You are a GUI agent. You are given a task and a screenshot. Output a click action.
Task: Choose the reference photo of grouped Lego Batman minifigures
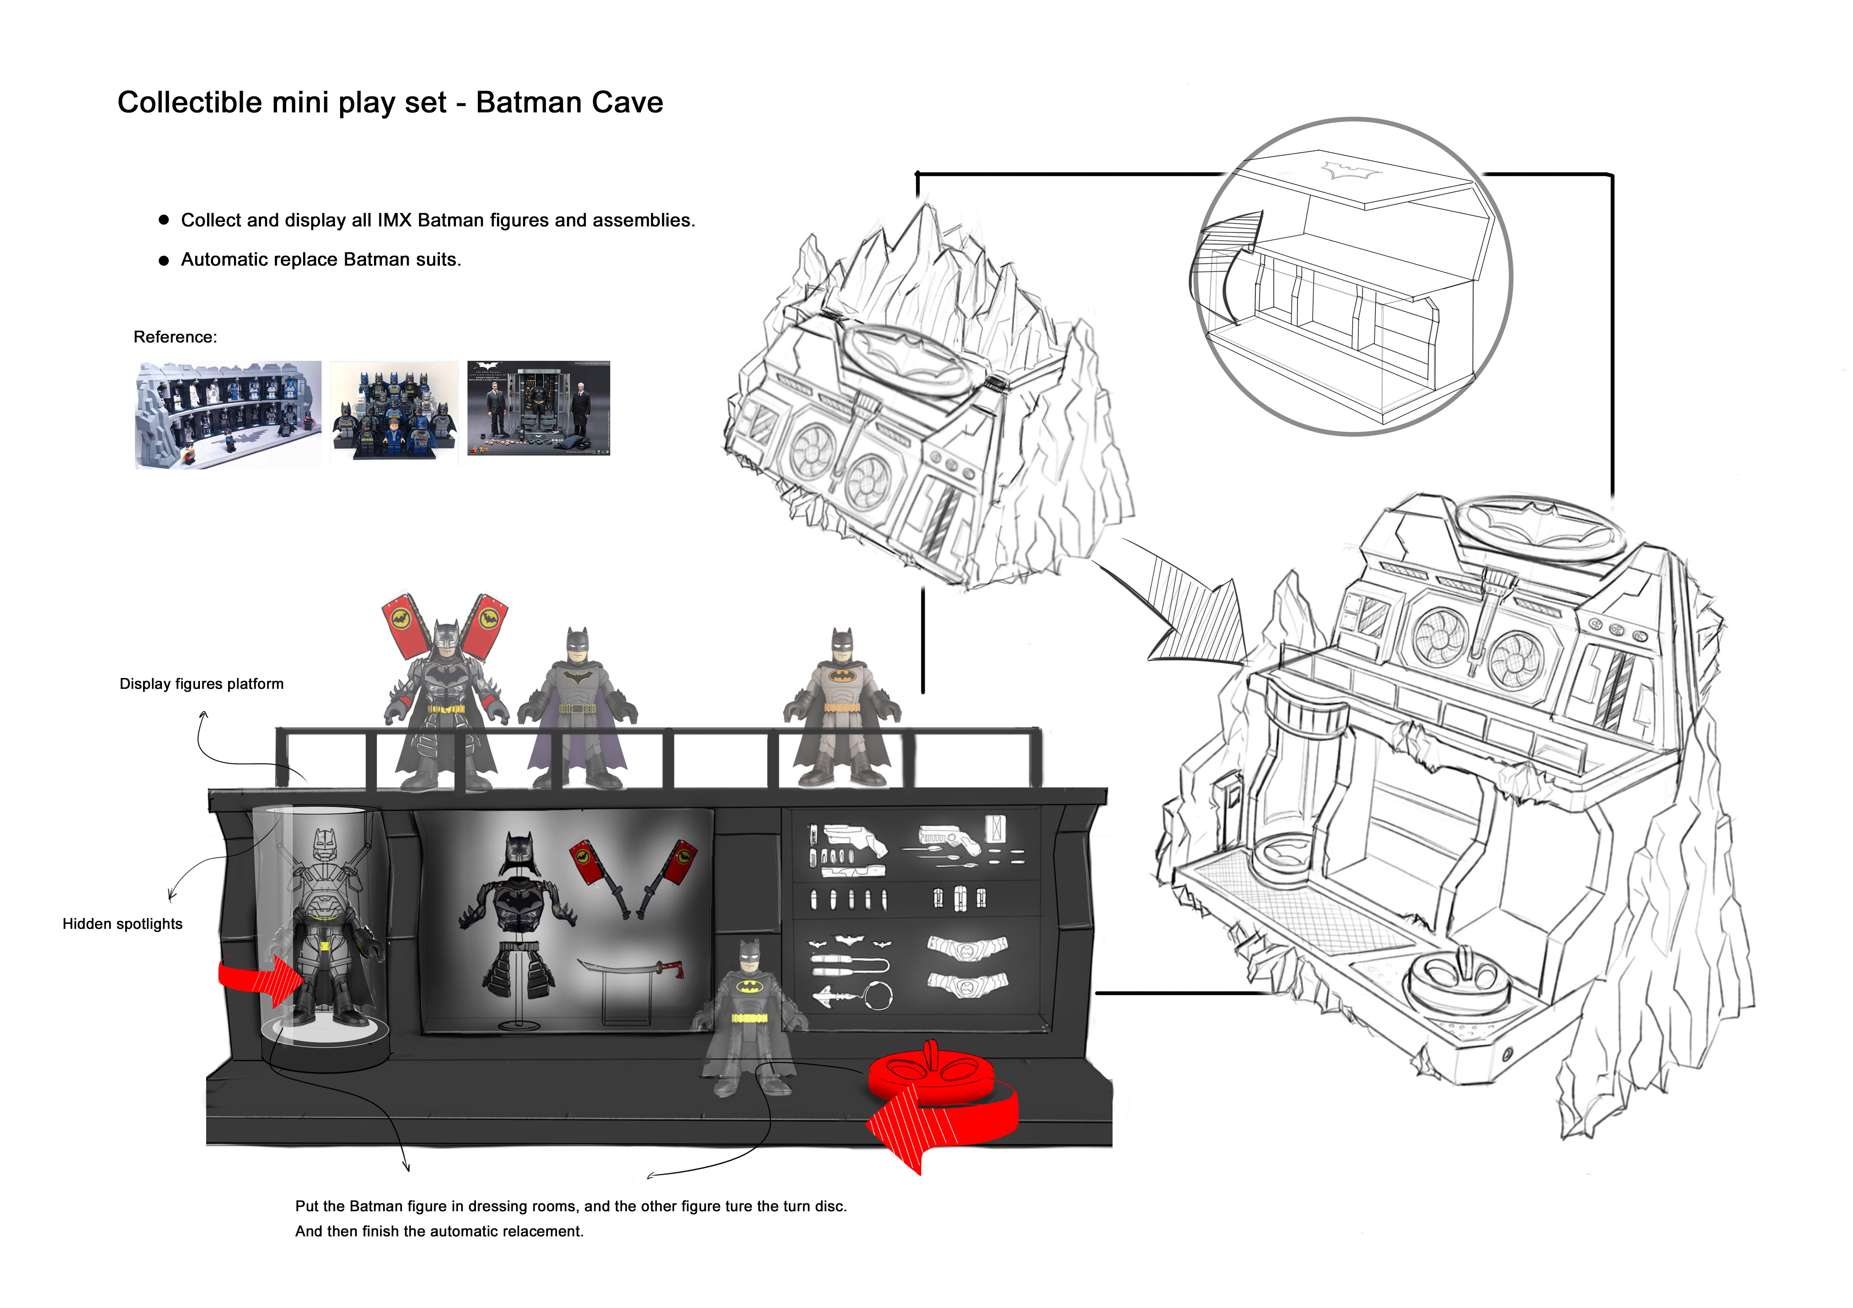tap(394, 412)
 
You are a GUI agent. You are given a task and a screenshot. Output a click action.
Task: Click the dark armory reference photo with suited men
tap(538, 409)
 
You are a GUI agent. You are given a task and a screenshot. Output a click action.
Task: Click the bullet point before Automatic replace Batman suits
tap(164, 261)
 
